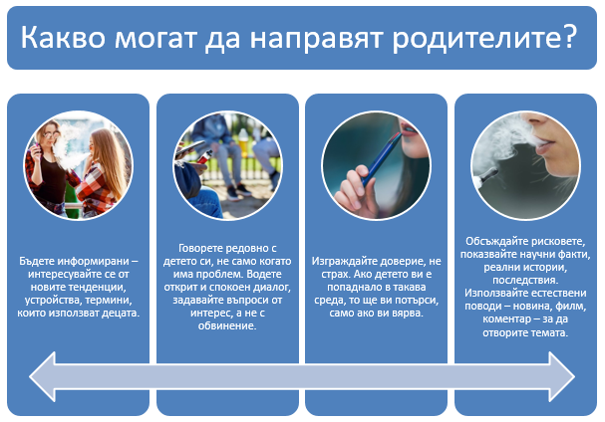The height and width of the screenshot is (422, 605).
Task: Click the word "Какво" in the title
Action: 63,38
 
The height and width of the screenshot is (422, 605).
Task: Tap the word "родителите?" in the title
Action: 484,39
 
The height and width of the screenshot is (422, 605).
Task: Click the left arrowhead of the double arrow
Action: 43,376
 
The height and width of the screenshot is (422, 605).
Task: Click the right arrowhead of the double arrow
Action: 562,376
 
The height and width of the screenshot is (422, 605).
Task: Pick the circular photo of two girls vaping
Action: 79,166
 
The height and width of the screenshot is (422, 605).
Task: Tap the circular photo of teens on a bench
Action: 227,166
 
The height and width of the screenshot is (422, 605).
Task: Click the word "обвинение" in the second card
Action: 226,326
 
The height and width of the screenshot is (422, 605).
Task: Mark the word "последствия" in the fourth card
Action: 524,280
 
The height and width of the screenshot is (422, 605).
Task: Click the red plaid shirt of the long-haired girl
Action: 99,189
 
